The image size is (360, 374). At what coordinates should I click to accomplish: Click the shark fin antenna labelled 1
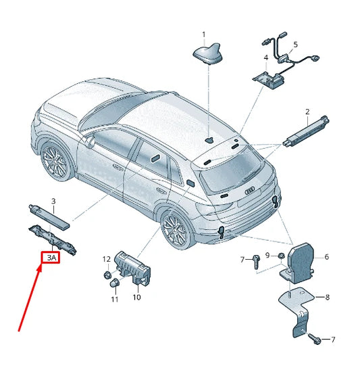click(208, 54)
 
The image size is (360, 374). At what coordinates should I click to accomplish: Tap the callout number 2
click(307, 112)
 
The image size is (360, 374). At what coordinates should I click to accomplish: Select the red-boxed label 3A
click(51, 258)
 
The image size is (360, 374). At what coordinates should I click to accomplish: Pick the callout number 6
click(326, 257)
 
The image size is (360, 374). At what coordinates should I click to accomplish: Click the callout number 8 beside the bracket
click(327, 297)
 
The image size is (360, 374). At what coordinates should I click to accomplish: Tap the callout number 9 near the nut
click(267, 255)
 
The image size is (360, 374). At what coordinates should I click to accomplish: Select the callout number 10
click(136, 297)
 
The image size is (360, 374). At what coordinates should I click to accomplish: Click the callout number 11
click(115, 299)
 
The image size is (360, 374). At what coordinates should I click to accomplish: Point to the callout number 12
click(107, 259)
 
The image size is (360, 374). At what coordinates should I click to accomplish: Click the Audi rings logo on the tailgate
click(250, 190)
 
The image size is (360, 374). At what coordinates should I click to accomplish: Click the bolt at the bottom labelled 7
click(315, 339)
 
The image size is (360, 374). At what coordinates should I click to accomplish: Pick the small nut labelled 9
click(282, 256)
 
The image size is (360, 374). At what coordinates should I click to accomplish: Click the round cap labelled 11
click(113, 283)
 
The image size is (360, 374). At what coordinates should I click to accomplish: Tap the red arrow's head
click(40, 268)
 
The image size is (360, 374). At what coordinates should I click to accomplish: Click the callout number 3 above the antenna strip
click(53, 201)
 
